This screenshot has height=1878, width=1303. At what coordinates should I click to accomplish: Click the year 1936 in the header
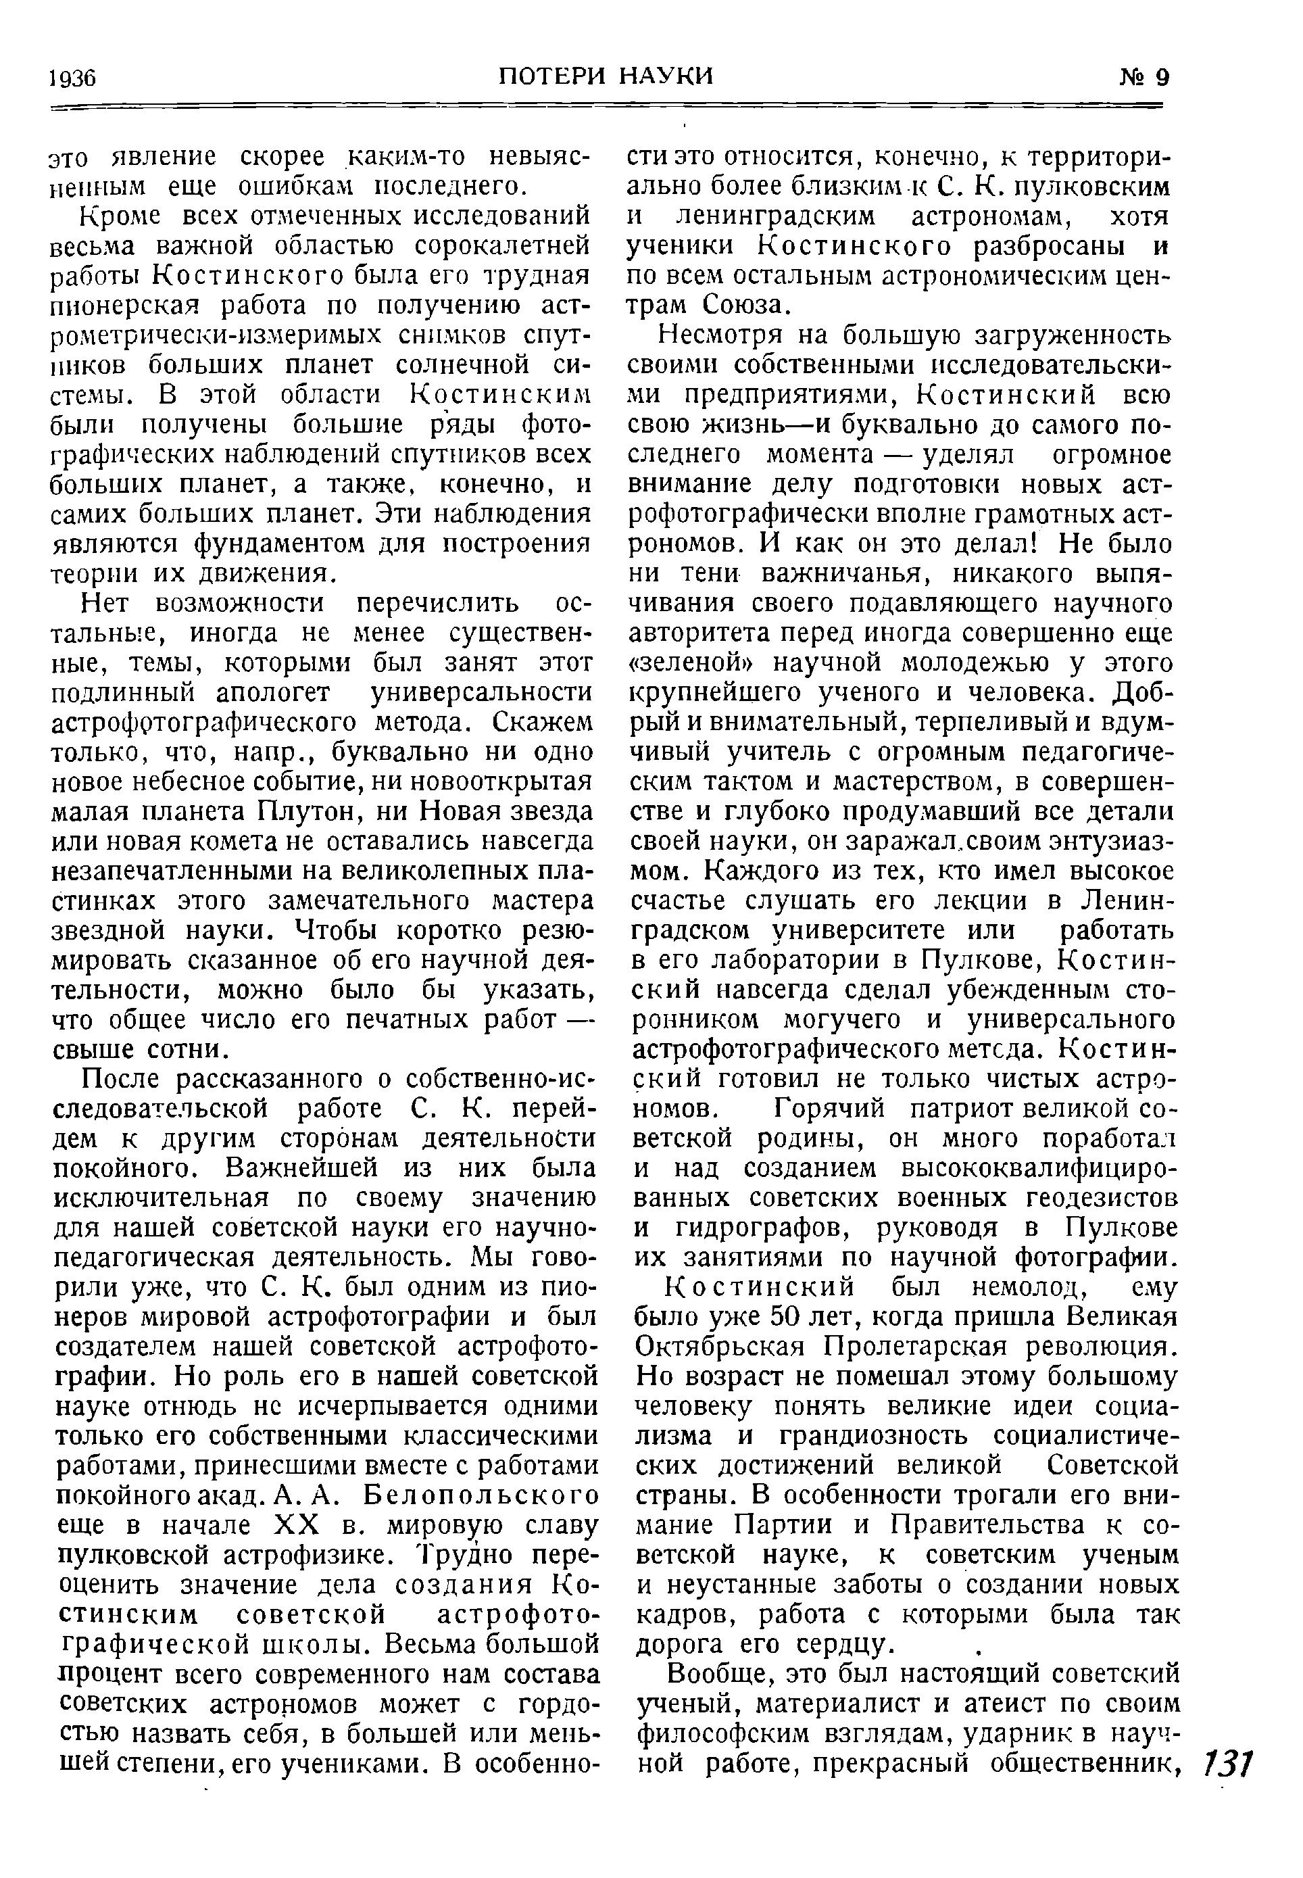(x=72, y=78)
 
